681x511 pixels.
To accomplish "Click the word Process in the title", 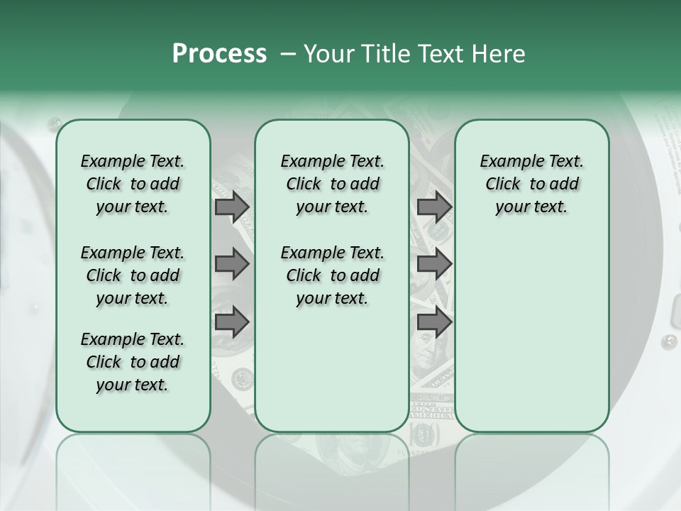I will [219, 54].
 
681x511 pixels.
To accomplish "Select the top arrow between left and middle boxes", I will [232, 207].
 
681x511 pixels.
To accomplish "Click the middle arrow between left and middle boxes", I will [232, 265].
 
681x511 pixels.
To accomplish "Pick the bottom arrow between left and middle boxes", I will [232, 322].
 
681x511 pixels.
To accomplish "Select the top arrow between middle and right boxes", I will [434, 207].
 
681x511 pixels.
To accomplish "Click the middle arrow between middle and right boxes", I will [434, 265].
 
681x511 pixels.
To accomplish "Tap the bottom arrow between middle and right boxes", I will [434, 322].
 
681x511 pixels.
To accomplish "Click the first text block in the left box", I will [133, 184].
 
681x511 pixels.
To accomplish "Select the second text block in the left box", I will [133, 275].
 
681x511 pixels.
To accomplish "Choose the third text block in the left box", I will [133, 362].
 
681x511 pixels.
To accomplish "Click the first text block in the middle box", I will [332, 184].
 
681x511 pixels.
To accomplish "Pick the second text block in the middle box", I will [332, 275].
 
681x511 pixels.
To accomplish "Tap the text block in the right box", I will [532, 184].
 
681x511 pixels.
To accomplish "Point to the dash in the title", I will [288, 55].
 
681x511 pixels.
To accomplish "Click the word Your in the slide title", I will [328, 54].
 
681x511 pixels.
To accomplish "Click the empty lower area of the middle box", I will [332, 369].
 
